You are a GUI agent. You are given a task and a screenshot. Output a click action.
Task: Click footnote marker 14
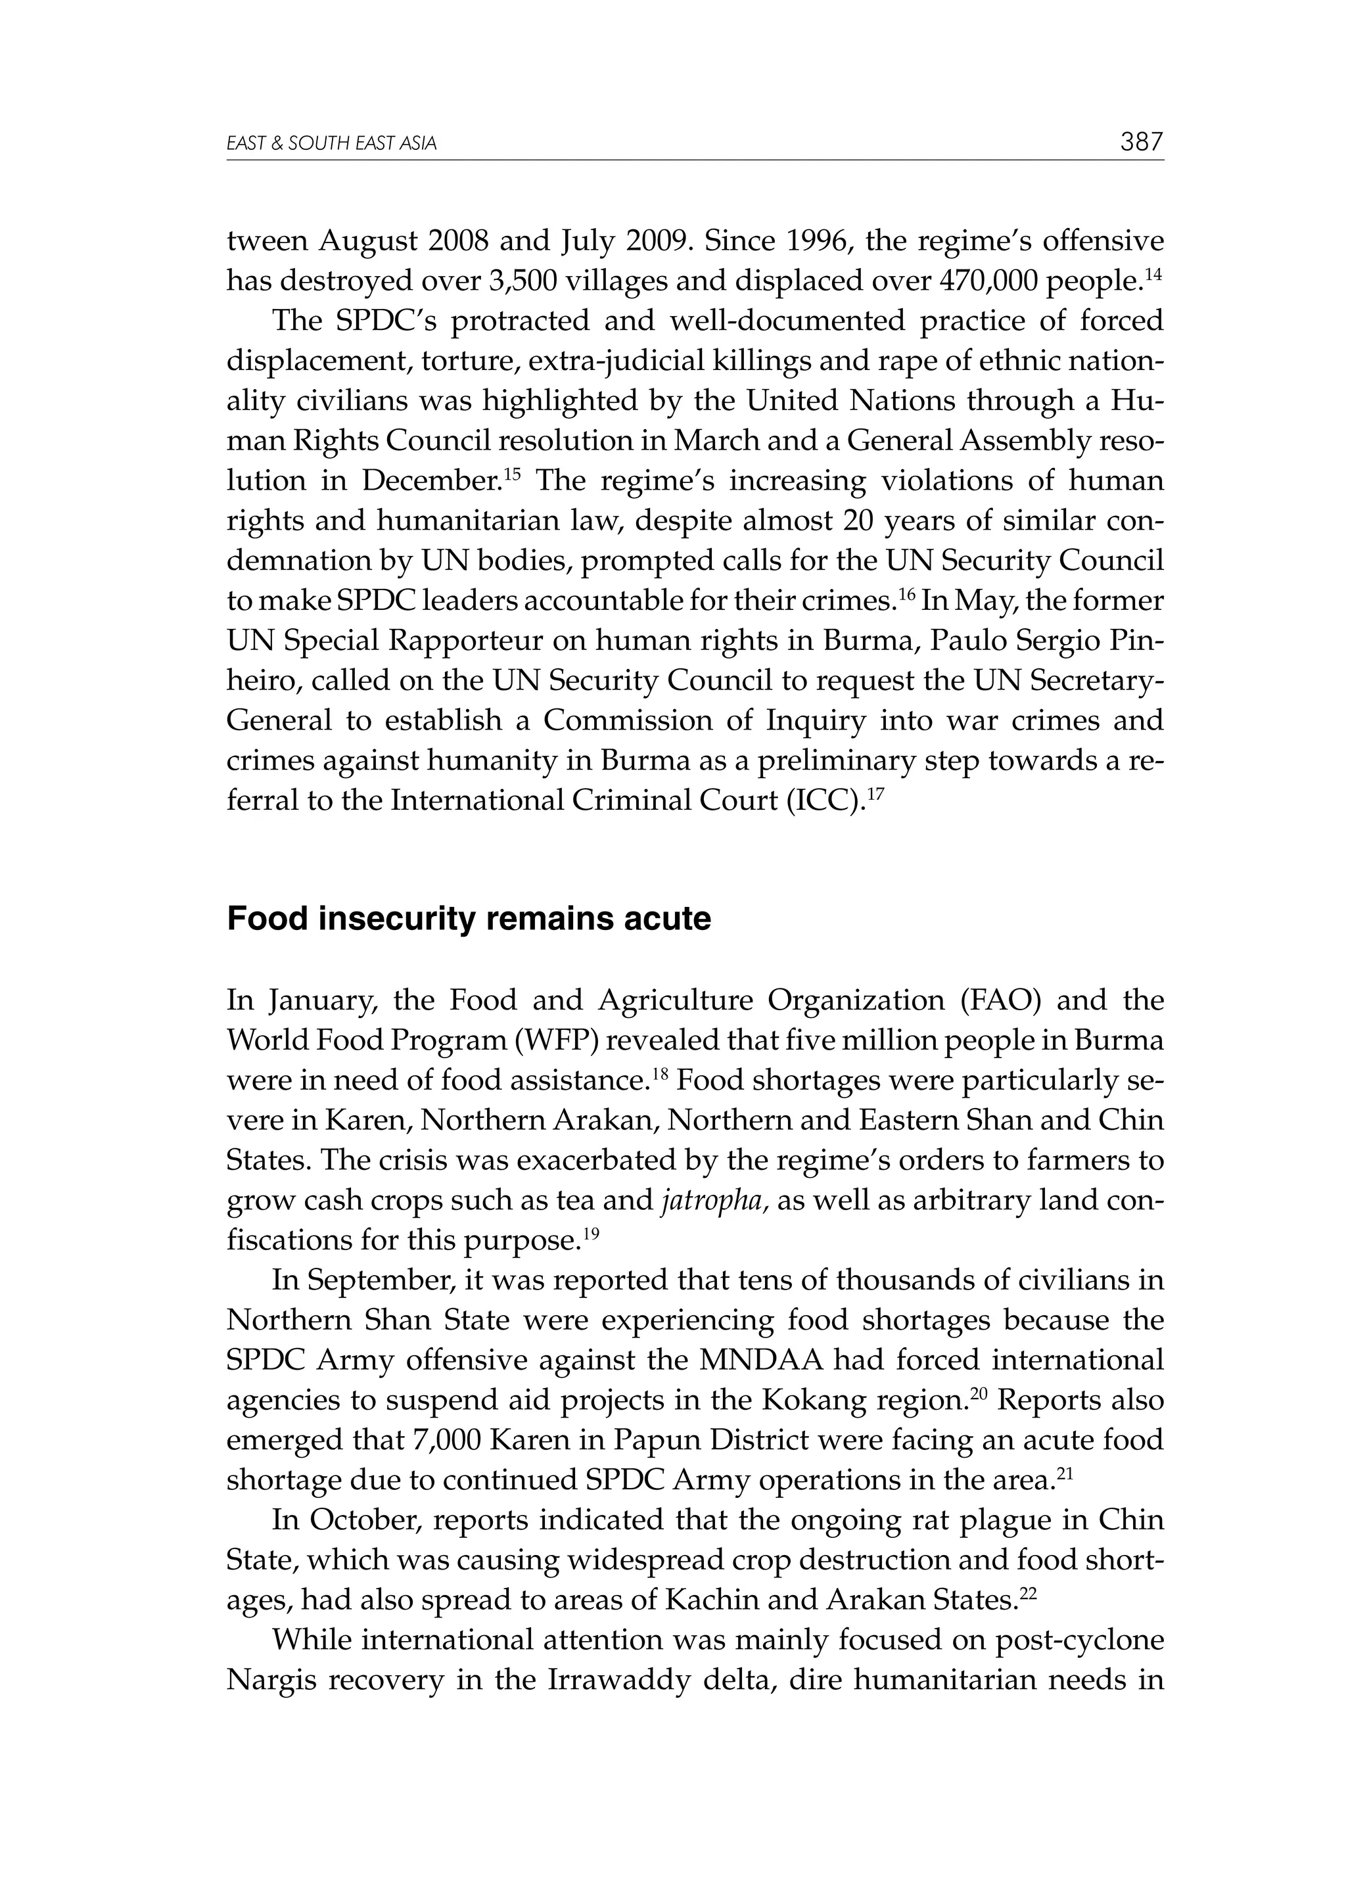click(x=1155, y=273)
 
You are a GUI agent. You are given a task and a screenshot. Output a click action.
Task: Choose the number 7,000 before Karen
click(x=446, y=1441)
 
